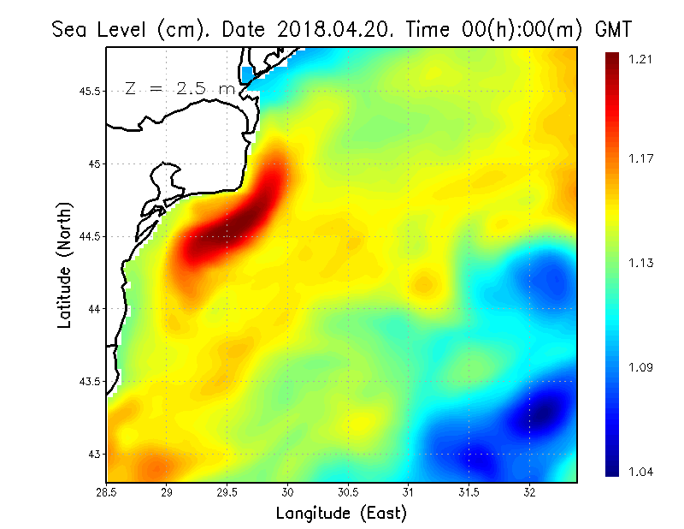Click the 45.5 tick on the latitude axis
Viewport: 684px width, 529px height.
[x=90, y=91]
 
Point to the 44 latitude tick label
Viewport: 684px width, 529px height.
[x=95, y=308]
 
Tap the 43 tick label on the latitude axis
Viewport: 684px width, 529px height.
[x=95, y=454]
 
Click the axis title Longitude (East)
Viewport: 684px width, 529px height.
[x=340, y=514]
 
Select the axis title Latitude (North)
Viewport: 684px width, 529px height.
[x=65, y=265]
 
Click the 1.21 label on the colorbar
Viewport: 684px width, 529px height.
[x=640, y=59]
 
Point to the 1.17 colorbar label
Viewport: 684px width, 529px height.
[x=640, y=158]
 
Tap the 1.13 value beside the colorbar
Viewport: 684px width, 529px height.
[x=640, y=263]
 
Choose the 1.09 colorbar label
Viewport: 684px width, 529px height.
[x=640, y=368]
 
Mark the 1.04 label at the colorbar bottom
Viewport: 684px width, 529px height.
[x=640, y=471]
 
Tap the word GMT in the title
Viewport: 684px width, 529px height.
[x=611, y=29]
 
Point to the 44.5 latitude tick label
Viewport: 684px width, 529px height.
[x=90, y=236]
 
